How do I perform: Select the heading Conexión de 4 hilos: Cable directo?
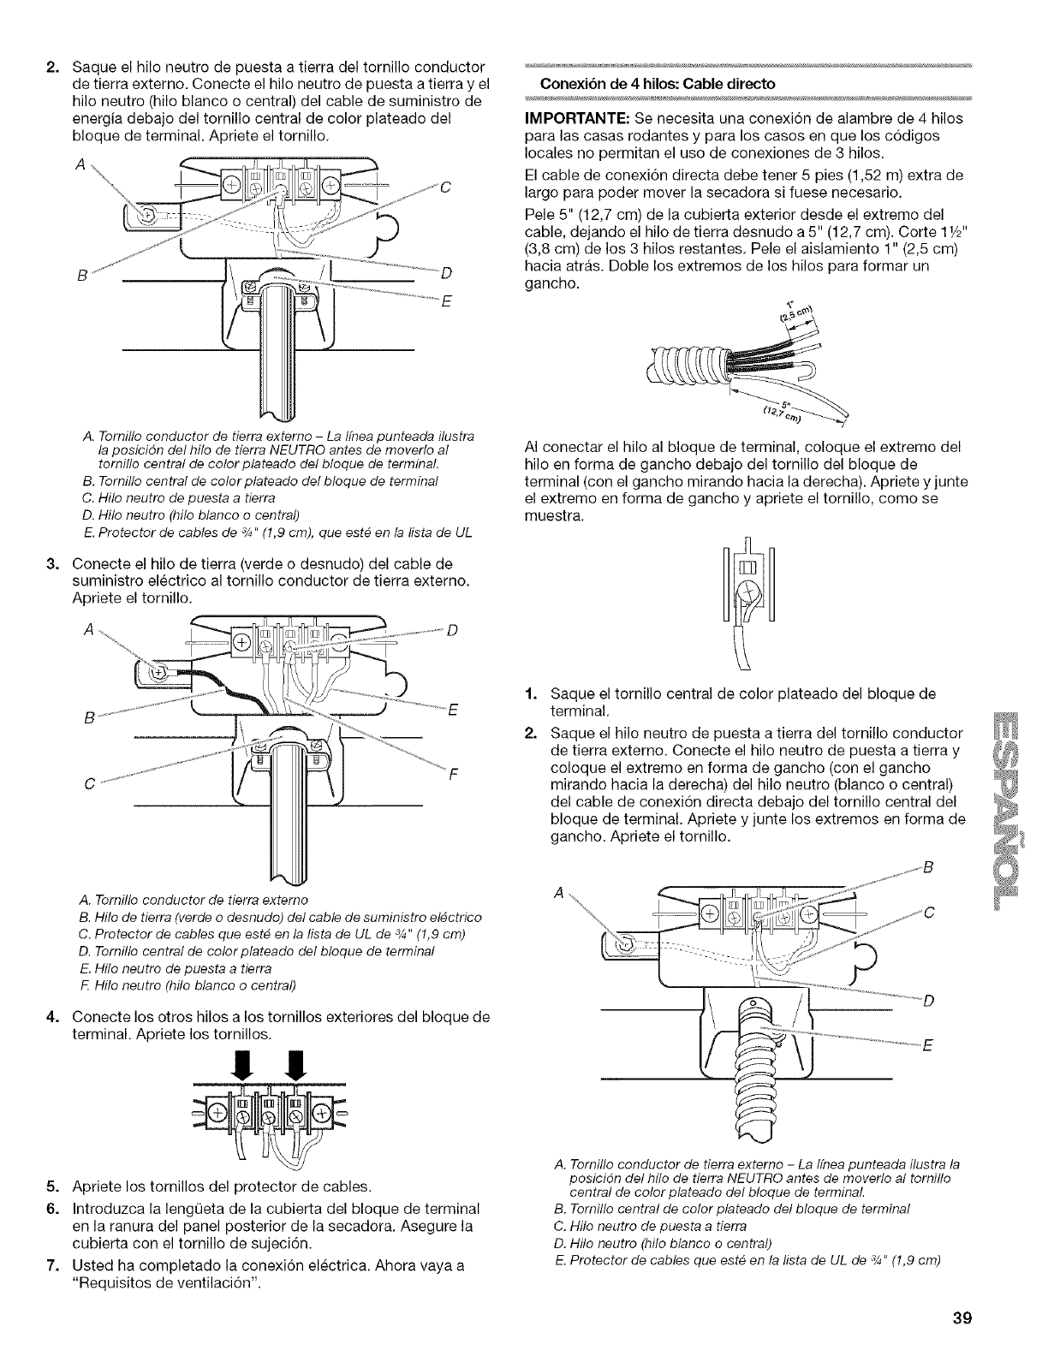[x=657, y=84]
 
